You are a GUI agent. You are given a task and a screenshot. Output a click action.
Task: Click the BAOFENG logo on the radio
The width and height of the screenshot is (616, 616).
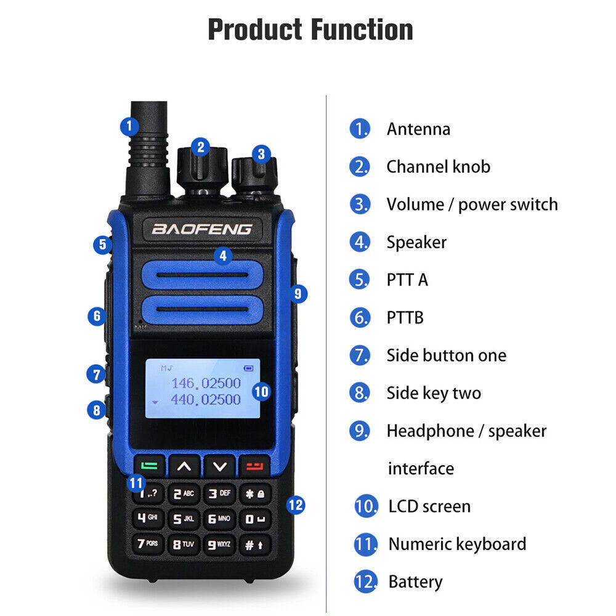(x=202, y=229)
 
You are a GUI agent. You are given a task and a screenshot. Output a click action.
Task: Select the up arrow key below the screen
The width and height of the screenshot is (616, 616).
(x=184, y=466)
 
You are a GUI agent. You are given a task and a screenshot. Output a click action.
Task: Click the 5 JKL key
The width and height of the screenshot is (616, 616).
(x=184, y=519)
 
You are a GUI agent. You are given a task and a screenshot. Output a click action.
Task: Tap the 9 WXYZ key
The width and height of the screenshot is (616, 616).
(x=219, y=544)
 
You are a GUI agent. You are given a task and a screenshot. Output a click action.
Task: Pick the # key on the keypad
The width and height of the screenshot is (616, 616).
(x=254, y=544)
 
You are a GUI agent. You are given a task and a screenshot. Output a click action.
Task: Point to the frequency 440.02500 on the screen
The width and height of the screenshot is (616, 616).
(x=205, y=400)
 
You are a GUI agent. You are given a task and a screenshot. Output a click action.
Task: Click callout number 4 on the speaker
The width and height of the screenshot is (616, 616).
(x=223, y=255)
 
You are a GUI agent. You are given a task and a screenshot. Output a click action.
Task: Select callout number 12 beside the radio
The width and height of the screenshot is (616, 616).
(x=296, y=505)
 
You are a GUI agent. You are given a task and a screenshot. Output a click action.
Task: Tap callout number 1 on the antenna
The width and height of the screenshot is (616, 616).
(x=129, y=126)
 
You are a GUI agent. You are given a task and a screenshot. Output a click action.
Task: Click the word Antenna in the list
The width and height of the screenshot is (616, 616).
(x=418, y=129)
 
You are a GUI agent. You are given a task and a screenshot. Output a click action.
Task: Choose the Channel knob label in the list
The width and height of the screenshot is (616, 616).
(x=438, y=166)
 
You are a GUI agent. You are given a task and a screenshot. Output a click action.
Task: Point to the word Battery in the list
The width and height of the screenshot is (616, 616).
(x=415, y=582)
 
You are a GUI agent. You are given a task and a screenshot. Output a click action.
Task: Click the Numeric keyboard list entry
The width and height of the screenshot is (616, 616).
(x=457, y=544)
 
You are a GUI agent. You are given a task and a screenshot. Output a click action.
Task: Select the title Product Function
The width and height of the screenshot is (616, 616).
(x=310, y=30)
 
